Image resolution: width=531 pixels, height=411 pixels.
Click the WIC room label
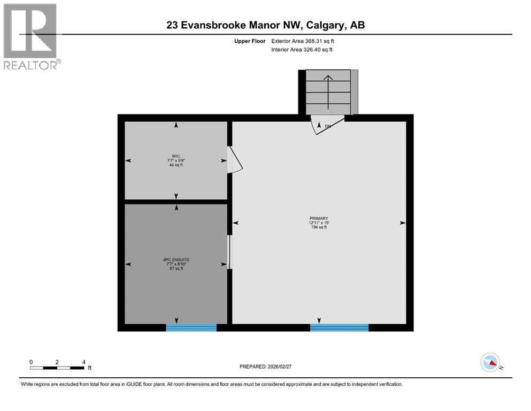(176, 156)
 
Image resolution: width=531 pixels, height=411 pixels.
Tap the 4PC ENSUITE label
(176, 260)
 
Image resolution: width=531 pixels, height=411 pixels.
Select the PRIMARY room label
(318, 218)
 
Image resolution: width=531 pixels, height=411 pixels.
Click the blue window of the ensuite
(191, 328)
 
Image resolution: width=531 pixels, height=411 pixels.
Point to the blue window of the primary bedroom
(339, 328)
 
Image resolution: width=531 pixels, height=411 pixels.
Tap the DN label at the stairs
(328, 126)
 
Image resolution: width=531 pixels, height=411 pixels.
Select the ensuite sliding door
(229, 252)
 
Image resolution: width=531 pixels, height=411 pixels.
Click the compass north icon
(490, 362)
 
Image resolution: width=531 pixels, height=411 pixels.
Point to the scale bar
(58, 368)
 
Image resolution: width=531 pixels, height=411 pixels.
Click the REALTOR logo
(30, 36)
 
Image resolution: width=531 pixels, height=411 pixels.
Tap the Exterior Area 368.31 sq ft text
(303, 41)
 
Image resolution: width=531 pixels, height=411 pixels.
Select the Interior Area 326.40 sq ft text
(302, 50)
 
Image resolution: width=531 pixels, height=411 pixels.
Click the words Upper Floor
(250, 41)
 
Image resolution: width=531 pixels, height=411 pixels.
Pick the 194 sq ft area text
(318, 227)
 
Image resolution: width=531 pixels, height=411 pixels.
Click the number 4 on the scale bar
(84, 362)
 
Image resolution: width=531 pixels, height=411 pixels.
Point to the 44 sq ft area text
(176, 165)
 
